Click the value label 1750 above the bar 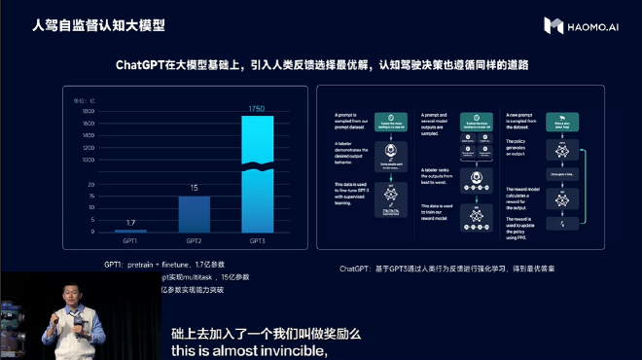pyautogui.click(x=257, y=108)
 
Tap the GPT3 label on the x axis pyautogui.click(x=258, y=240)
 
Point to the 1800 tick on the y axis pyautogui.click(x=88, y=112)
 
